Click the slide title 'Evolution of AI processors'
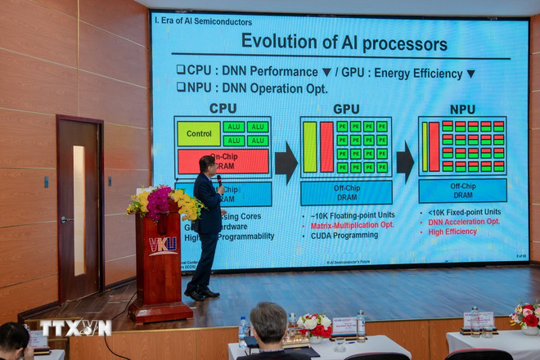(x=343, y=43)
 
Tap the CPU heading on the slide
(x=223, y=108)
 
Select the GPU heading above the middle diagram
(x=346, y=109)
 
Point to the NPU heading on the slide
(x=462, y=109)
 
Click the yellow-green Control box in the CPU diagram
(x=199, y=133)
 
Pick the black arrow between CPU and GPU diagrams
(x=286, y=162)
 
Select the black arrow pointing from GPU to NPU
(x=405, y=162)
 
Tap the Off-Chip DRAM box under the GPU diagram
(x=346, y=193)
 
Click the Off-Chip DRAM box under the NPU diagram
(x=462, y=191)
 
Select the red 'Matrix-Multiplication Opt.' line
(x=352, y=224)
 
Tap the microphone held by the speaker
(x=219, y=179)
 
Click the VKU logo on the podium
(x=163, y=245)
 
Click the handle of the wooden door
(x=63, y=219)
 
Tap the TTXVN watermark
(x=76, y=328)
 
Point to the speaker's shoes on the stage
(x=201, y=292)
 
